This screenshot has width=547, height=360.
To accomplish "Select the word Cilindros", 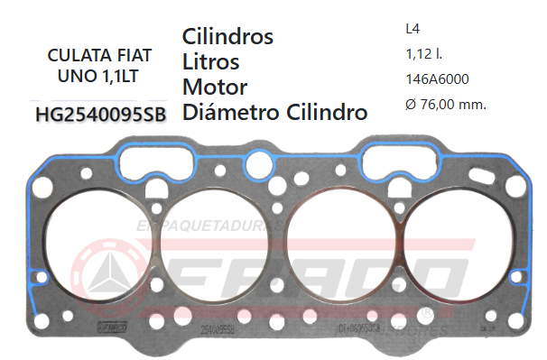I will point(227,37).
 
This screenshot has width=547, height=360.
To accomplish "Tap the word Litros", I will point(210,62).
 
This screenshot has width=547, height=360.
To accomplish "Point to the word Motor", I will point(215,88).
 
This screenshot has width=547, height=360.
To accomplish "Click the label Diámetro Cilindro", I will point(274,113).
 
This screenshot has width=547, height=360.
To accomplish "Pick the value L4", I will point(414,29).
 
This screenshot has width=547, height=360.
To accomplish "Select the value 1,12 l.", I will point(424,54).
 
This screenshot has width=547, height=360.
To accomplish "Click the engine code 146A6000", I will point(438,78).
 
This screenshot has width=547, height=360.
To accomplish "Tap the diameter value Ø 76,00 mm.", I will point(446,105).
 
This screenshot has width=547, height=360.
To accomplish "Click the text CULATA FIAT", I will point(98,55).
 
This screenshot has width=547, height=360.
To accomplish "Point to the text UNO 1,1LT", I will point(98,76).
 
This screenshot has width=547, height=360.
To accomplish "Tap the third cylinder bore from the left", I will point(337,254).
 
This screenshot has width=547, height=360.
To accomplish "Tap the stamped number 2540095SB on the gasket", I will point(216,331).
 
